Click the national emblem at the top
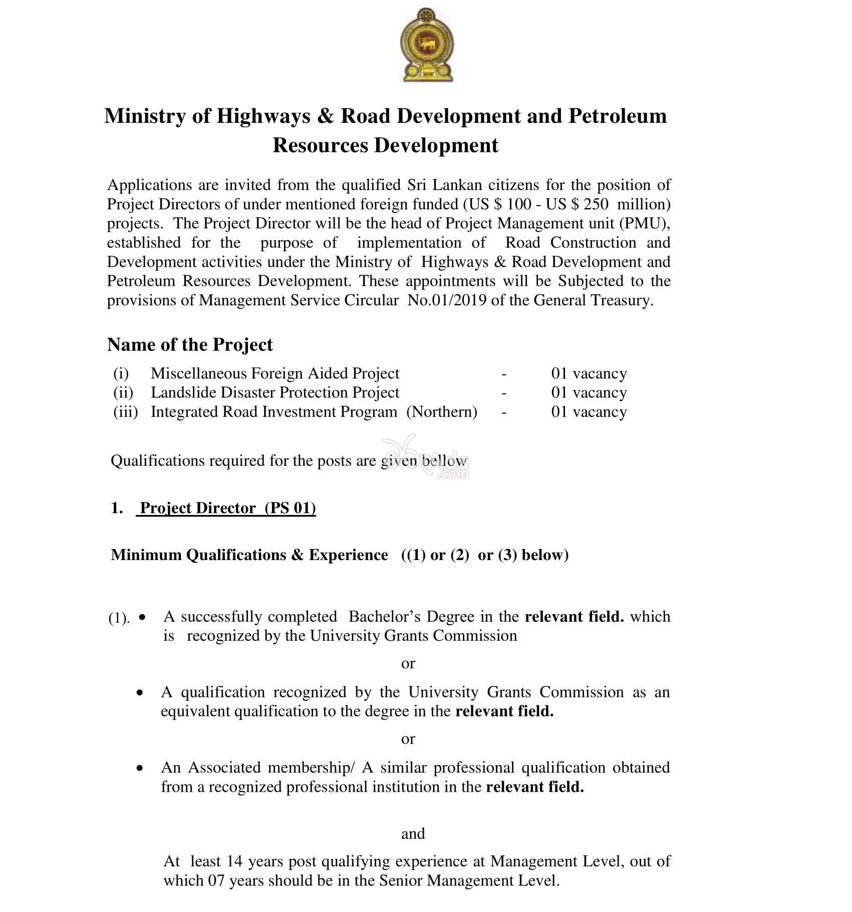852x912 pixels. pos(427,45)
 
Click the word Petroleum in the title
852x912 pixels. pos(617,116)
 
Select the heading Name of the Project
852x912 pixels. pos(190,344)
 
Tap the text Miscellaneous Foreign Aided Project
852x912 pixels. pos(275,374)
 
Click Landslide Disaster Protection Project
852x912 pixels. pos(275,393)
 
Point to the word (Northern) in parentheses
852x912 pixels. pos(441,412)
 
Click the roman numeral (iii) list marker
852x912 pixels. pos(125,412)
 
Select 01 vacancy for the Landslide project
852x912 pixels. pos(589,393)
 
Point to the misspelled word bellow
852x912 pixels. pos(444,460)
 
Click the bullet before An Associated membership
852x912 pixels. pos(141,768)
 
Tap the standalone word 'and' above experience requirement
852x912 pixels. pos(413,833)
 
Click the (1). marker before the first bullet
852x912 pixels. pos(119,618)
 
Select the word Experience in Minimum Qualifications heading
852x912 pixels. pos(348,555)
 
